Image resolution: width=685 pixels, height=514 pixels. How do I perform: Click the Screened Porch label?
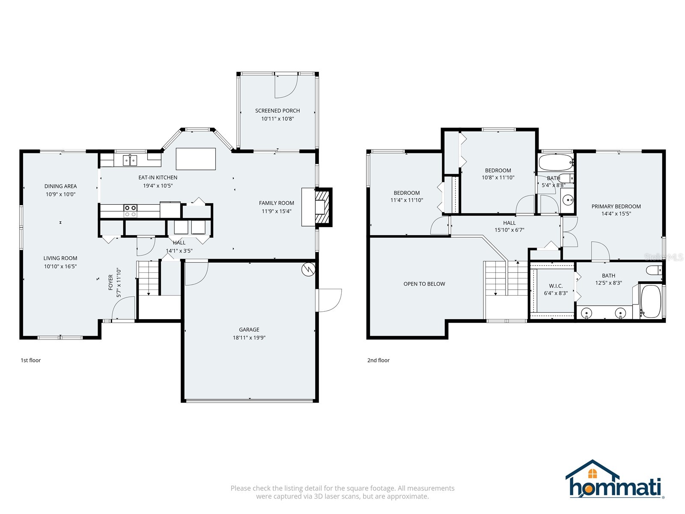pos(277,111)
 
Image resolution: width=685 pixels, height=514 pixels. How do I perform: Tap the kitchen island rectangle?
pos(196,158)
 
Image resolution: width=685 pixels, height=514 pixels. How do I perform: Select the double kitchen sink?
pos(130,160)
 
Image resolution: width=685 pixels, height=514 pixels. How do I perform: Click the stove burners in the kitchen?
pos(131,211)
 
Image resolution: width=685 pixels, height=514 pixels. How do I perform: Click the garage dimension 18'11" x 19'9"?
pos(249,338)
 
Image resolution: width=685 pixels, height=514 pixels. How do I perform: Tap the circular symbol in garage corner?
pos(308,269)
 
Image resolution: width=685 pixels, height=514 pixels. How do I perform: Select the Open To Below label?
pos(424,284)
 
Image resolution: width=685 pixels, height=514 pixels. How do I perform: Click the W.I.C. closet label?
pos(556,286)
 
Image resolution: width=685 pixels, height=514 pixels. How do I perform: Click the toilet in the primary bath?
pos(653,270)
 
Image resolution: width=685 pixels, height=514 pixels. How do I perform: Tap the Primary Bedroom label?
pos(616,206)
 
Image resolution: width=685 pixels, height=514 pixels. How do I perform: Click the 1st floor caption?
pos(31,360)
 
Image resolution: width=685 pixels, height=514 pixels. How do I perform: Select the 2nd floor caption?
pos(378,360)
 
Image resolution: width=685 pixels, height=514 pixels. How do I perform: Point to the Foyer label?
pos(111,282)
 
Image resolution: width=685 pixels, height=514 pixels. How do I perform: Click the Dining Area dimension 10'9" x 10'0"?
pos(60,194)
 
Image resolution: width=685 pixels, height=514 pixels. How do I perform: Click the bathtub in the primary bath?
pos(651,301)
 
